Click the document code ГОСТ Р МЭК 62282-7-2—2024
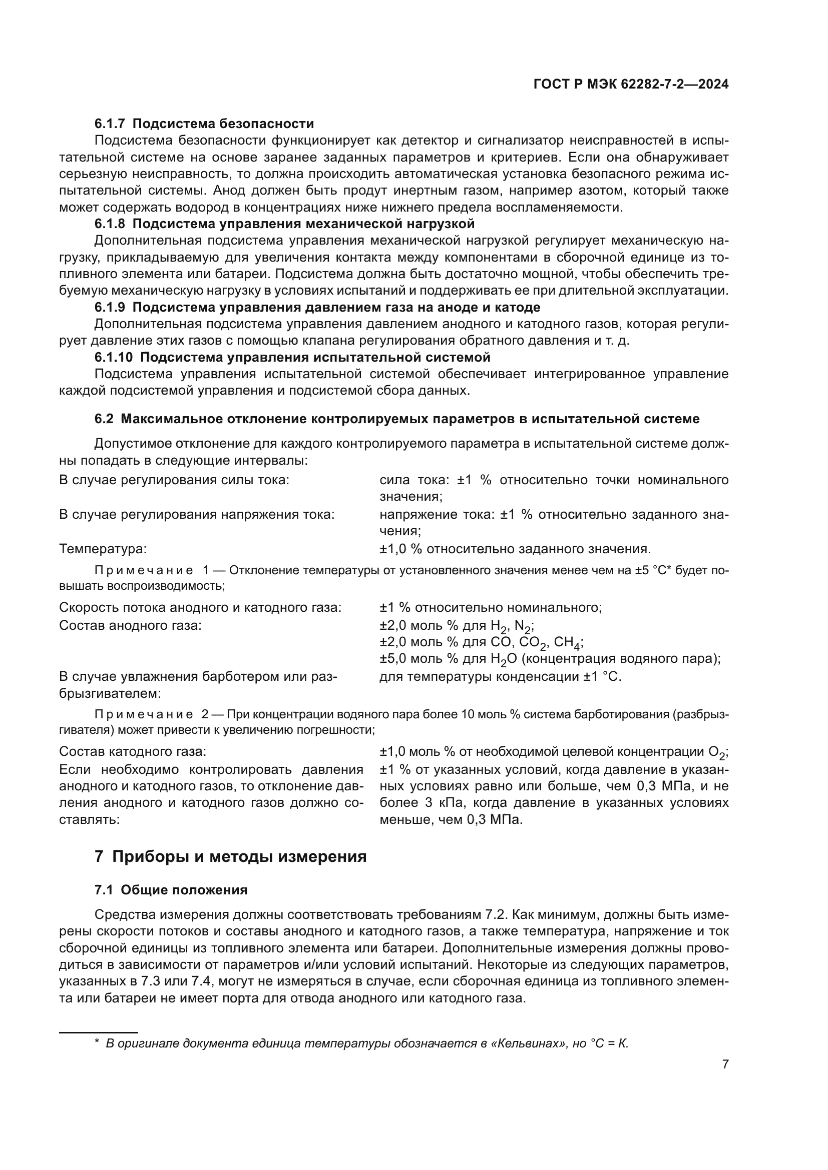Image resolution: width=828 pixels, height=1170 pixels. (631, 85)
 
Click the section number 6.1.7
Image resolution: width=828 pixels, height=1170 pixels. (110, 124)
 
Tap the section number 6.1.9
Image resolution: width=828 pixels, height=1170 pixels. (110, 307)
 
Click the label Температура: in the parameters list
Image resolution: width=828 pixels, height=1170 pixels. (103, 549)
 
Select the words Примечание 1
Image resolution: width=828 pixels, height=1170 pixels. (151, 570)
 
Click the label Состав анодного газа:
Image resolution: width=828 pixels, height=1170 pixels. (130, 625)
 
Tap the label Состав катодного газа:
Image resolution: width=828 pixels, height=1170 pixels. (133, 751)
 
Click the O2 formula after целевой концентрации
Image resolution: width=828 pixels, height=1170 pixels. (716, 752)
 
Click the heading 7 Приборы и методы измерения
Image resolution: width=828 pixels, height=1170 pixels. (230, 856)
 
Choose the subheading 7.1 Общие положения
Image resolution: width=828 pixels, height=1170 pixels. (171, 890)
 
